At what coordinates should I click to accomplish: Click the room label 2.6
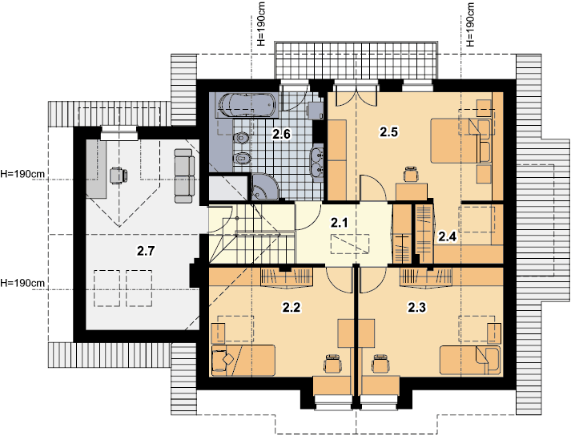coord(281,135)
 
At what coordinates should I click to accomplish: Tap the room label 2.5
coord(388,132)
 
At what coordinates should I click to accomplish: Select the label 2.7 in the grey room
coord(146,251)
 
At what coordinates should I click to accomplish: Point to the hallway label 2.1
coord(340,222)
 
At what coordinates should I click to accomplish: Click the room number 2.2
coord(292,307)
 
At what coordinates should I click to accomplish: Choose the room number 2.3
coord(416,307)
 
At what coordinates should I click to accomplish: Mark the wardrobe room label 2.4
coord(447,236)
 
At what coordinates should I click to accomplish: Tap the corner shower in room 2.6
coord(265,186)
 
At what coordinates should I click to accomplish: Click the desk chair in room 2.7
coord(118,176)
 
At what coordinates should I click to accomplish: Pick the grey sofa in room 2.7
coord(185,176)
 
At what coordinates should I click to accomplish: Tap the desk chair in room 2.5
coord(411,174)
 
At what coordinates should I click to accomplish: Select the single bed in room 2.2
coord(243,360)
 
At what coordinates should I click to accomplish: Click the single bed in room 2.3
coord(470,360)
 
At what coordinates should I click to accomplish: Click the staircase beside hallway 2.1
coord(251,233)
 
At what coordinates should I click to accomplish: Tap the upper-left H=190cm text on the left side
coord(22,174)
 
